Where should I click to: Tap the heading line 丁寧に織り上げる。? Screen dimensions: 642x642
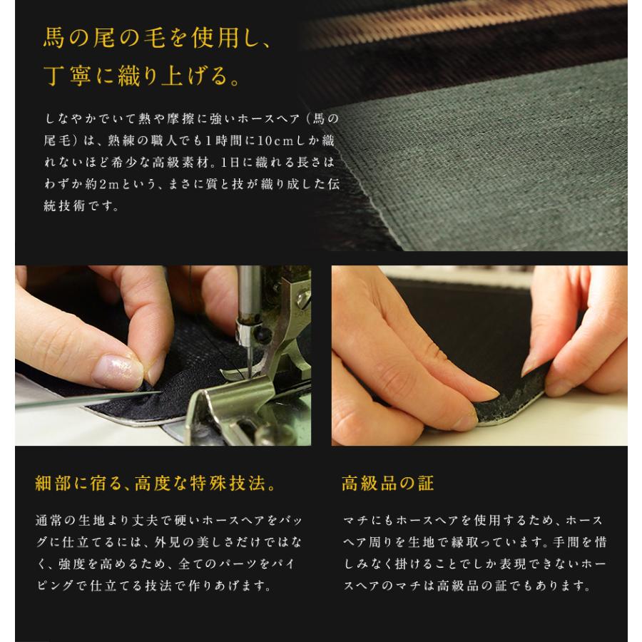pos(142,76)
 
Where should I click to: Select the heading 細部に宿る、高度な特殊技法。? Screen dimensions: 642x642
pos(156,484)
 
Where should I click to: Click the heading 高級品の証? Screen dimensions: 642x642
pos(387,484)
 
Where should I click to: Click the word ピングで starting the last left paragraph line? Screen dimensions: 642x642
pos(62,586)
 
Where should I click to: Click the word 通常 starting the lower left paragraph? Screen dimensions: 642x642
pos(49,521)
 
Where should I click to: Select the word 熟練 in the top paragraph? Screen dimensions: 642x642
pos(121,141)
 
